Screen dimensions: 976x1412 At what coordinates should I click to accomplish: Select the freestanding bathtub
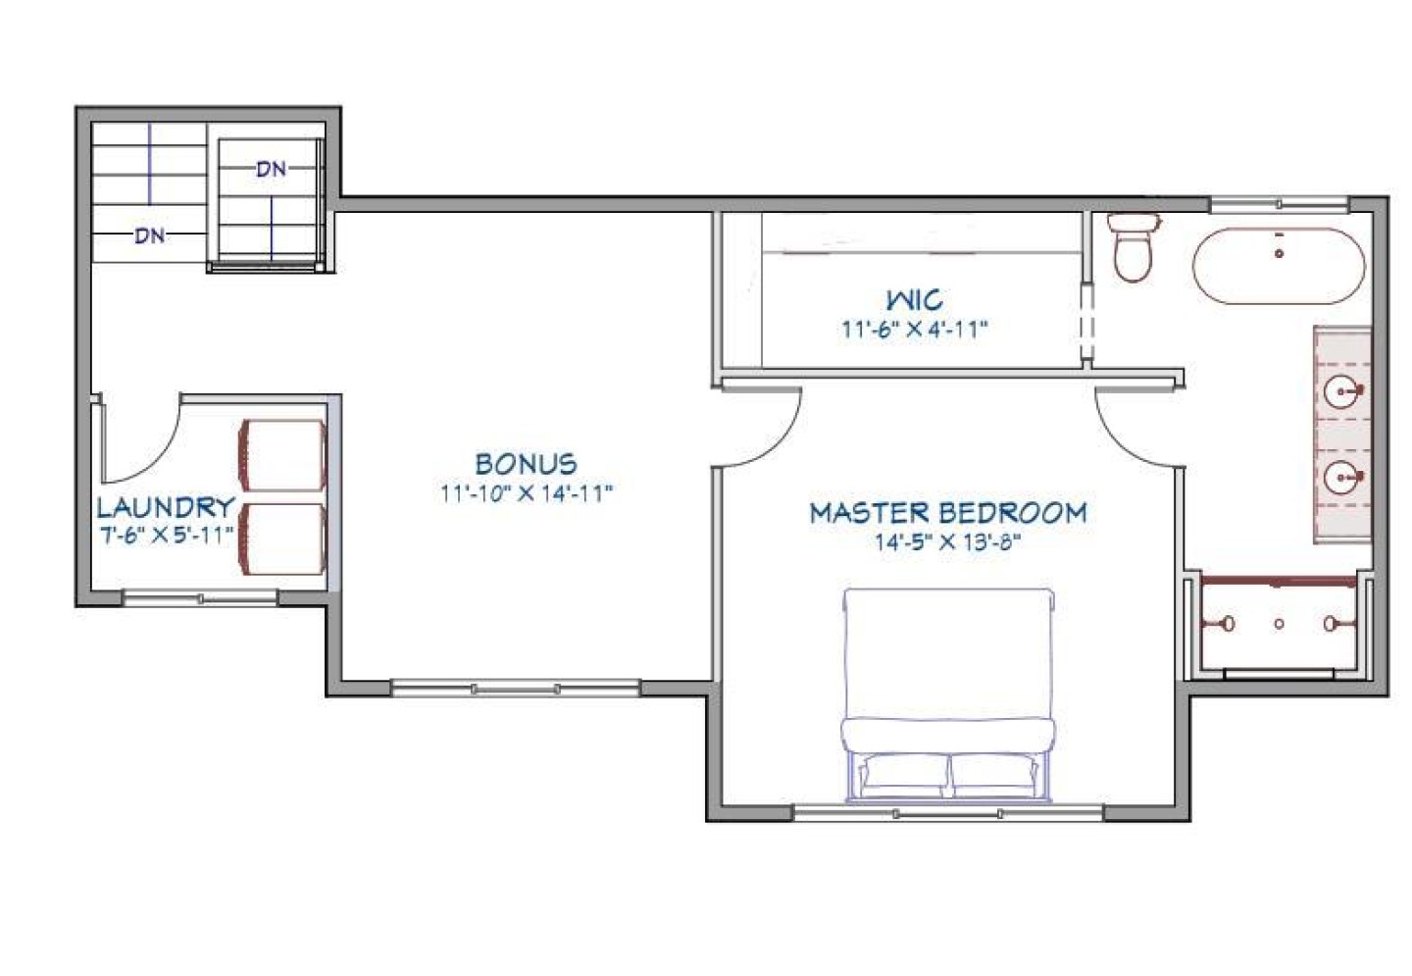[1278, 266]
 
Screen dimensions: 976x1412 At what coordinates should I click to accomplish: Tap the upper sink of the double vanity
[1341, 392]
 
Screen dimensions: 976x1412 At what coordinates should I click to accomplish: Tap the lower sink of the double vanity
[1341, 478]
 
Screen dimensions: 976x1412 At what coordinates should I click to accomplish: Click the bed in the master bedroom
[948, 687]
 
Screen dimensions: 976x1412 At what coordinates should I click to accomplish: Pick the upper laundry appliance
[282, 455]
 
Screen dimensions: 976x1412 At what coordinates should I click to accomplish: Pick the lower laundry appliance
[282, 539]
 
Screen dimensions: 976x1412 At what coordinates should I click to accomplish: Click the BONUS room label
[526, 464]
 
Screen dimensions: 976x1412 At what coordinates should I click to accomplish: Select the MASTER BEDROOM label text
[947, 513]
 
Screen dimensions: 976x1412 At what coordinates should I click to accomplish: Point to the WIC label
[914, 299]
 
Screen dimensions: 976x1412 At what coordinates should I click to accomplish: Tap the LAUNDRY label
[166, 507]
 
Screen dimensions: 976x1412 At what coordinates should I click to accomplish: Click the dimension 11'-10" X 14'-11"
[526, 492]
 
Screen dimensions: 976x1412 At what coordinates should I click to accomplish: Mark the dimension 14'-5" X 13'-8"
[947, 541]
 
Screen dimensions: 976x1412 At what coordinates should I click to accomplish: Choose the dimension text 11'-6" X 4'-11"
[914, 329]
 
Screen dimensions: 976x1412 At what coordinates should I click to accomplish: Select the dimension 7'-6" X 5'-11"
[166, 535]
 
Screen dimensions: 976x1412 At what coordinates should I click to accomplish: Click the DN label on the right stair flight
[272, 169]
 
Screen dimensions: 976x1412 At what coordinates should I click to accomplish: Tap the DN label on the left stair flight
[149, 235]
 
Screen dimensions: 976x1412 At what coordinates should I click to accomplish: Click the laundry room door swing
[142, 441]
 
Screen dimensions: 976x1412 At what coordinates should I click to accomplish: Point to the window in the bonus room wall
[515, 689]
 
